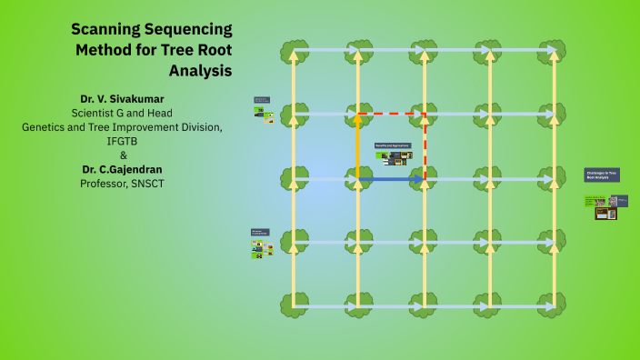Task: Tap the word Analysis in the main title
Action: coord(201,69)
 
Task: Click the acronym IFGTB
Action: coord(124,141)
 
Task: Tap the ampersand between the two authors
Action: coord(124,155)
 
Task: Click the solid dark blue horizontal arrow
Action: coord(392,179)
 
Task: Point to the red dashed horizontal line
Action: coord(392,115)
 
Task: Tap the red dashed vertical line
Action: coord(425,145)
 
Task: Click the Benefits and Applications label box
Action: coord(393,145)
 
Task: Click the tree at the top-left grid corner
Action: coord(294,50)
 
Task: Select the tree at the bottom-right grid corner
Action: coord(555,305)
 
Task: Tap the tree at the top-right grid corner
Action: coord(555,50)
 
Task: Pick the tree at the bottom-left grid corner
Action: coord(294,305)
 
